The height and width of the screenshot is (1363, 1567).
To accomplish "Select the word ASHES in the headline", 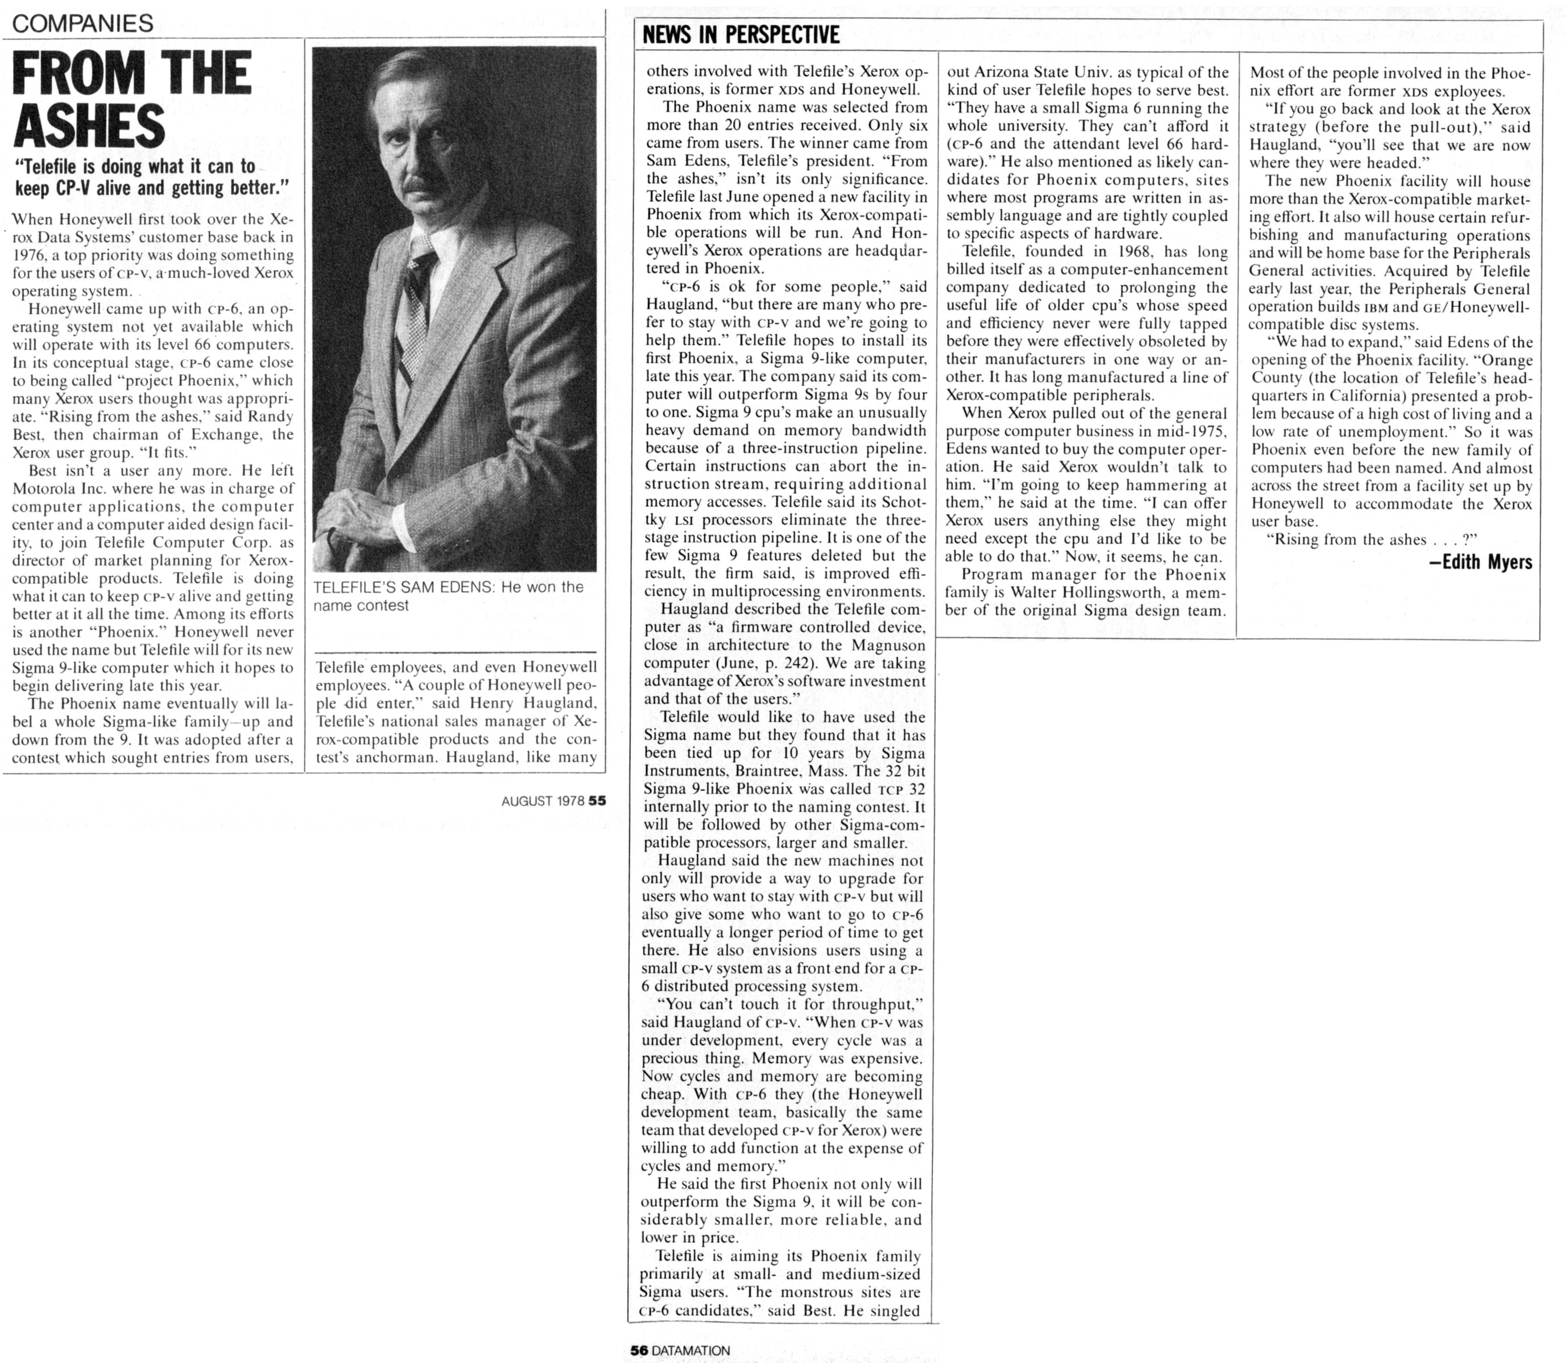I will [90, 125].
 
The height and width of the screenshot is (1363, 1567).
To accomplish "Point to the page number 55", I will [597, 801].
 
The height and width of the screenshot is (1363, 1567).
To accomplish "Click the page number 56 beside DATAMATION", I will [639, 1350].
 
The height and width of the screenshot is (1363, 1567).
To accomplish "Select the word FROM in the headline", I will [68, 74].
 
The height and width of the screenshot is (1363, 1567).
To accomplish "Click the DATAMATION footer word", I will [690, 1350].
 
